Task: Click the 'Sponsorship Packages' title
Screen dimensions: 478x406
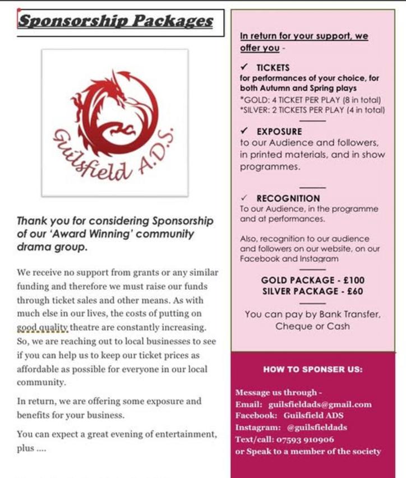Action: tap(116, 21)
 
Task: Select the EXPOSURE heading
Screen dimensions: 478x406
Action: tap(279, 132)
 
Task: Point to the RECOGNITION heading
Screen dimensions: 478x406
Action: tap(288, 198)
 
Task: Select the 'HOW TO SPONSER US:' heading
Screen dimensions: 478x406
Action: tap(313, 369)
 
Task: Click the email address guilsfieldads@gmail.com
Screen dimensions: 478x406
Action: tap(320, 404)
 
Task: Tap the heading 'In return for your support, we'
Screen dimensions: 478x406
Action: tap(304, 36)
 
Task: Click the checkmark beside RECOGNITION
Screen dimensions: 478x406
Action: tap(244, 198)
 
